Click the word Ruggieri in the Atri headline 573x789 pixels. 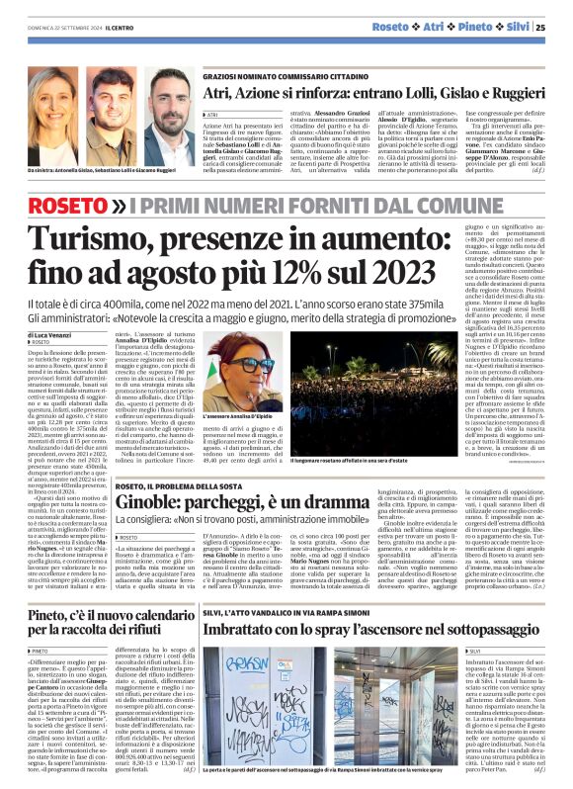point(507,94)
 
